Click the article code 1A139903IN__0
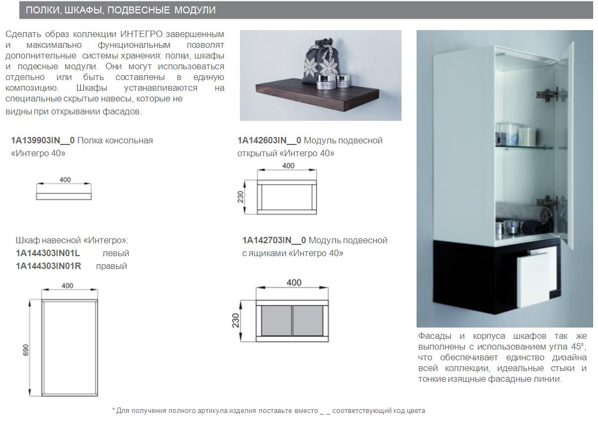point(43,141)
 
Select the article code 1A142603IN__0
point(269,141)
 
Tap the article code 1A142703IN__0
point(274,240)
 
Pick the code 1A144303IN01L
point(48,253)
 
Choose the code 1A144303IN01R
point(48,266)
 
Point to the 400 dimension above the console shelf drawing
point(65,180)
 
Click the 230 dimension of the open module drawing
point(241,197)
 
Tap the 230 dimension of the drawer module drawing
point(235,320)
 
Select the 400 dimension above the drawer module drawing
point(294,283)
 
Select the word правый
point(112,266)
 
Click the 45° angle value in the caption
point(577,346)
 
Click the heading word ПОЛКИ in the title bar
point(42,11)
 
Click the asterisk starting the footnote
point(114,410)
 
